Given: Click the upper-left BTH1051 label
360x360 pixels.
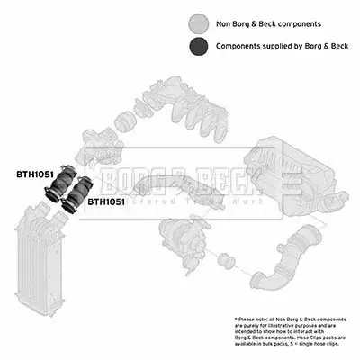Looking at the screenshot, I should pyautogui.click(x=36, y=174).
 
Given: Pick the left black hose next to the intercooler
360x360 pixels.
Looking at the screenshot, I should pyautogui.click(x=58, y=190).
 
